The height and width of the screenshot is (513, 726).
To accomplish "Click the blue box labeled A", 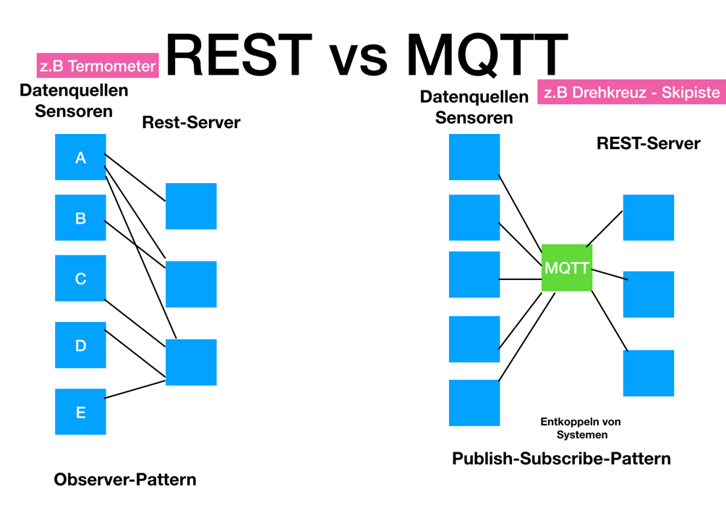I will (x=80, y=157).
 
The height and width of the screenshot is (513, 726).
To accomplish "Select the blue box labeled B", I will (x=80, y=218).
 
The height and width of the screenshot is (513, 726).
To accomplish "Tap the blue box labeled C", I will (x=80, y=279).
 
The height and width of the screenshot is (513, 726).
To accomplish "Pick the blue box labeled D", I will (x=80, y=345).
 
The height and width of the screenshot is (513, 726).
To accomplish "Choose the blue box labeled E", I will (x=80, y=412).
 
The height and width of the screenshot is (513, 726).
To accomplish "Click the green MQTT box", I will (x=567, y=268).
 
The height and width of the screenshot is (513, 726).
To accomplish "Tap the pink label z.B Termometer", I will (x=98, y=66).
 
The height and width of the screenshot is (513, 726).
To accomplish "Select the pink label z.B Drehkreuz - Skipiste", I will (x=631, y=93).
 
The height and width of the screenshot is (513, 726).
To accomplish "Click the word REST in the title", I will (x=239, y=55).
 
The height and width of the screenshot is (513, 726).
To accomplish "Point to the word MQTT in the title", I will (x=486, y=55).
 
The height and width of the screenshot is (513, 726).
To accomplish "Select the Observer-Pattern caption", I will (x=125, y=480).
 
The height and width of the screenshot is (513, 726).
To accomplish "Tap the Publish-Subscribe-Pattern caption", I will (x=561, y=459).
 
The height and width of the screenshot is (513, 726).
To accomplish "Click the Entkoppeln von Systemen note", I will (x=581, y=428).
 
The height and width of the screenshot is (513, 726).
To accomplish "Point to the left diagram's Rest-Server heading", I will (x=191, y=122).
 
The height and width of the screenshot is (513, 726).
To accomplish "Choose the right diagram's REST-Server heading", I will (x=648, y=143).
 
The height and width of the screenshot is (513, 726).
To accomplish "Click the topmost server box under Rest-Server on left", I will (x=191, y=206).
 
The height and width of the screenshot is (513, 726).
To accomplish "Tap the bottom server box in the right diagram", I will (x=648, y=373).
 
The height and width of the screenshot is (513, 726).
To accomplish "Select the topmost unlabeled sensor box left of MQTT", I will (x=474, y=157).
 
